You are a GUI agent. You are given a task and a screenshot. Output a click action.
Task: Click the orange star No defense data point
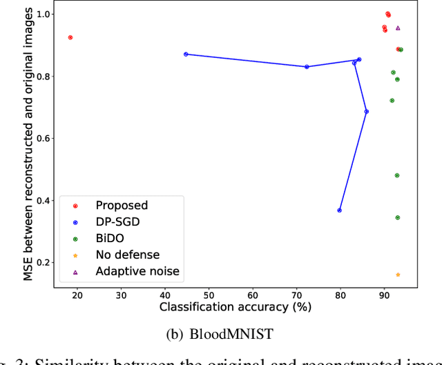click(398, 275)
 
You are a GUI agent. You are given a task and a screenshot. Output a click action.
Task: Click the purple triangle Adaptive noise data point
click(398, 28)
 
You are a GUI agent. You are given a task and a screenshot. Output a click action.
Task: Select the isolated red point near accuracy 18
click(70, 37)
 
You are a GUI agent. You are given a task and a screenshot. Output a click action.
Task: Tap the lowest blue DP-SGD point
click(339, 210)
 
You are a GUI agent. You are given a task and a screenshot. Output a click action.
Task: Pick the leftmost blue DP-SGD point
click(186, 54)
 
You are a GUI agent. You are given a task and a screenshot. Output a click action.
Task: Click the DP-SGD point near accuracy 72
click(307, 67)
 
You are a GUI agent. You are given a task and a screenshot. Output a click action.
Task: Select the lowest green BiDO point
click(398, 217)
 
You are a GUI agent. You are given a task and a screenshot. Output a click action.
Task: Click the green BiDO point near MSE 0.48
click(397, 175)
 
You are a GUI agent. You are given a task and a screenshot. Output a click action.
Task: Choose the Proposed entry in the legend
click(122, 205)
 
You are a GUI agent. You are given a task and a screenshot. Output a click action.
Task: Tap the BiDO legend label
click(110, 238)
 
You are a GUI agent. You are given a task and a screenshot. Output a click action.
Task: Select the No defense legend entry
click(127, 255)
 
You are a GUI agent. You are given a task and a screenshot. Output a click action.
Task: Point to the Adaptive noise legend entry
click(137, 271)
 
